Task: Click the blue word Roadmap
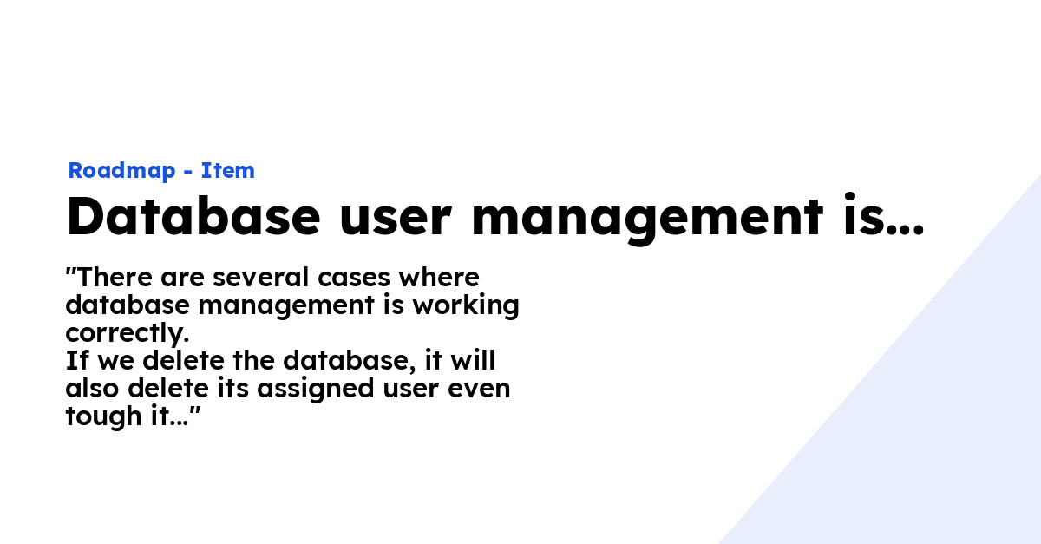point(121,171)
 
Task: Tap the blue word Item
point(227,170)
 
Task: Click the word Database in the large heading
point(193,216)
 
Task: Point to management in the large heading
point(647,220)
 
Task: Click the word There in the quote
point(115,277)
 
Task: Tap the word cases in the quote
point(354,279)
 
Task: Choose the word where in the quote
point(439,277)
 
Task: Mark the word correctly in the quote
point(127,334)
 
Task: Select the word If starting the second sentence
point(76,360)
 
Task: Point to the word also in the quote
point(92,388)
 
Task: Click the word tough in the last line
point(103,417)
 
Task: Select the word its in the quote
point(233,388)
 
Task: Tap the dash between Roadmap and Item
point(188,172)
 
